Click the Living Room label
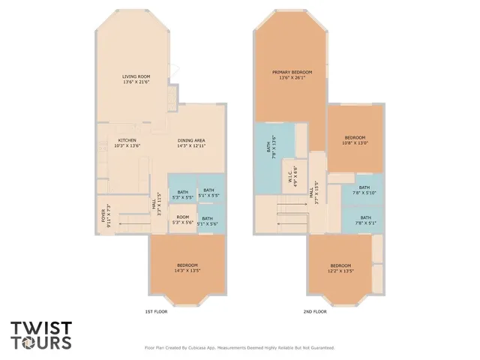137,79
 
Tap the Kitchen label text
126,142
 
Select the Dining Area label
191,142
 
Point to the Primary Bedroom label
292,74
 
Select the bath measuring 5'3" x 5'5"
183,194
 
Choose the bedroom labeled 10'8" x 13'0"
355,140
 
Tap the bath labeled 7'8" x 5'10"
364,190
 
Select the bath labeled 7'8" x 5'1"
364,220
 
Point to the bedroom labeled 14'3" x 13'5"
187,268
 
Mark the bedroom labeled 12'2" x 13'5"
340,268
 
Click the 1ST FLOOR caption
156,310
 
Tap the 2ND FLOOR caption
314,310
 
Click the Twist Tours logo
41,335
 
